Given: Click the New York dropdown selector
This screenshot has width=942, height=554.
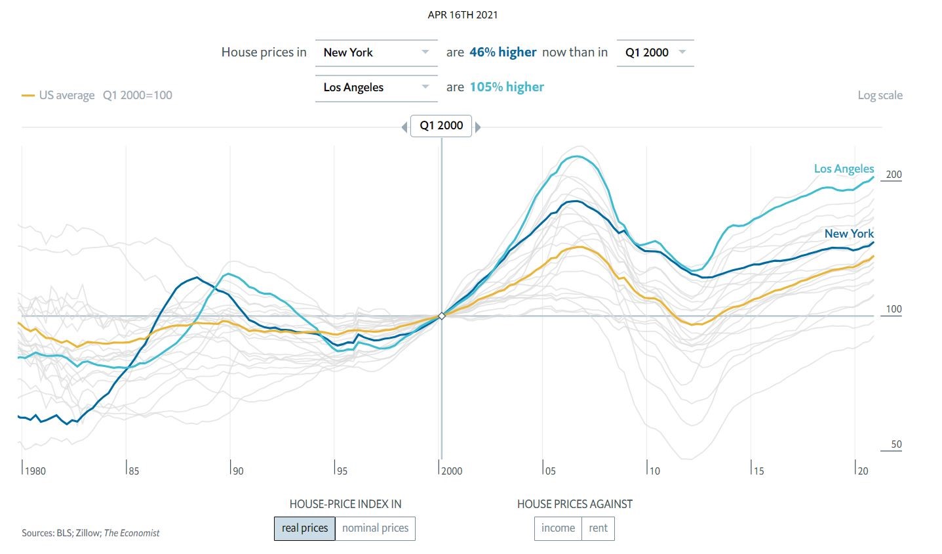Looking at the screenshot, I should tap(376, 53).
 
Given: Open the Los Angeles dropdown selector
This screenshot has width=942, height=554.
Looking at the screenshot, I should tap(376, 87).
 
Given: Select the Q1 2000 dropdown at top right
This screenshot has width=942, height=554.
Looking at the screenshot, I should tap(655, 53).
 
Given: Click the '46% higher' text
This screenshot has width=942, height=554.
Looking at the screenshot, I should tap(503, 53).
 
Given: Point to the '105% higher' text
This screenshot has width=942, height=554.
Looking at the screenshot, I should tap(507, 87).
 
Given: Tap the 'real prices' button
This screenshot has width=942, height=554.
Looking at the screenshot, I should tap(305, 528).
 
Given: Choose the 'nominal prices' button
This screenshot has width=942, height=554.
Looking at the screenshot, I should tap(375, 528).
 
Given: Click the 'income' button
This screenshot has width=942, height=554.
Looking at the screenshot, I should tap(558, 528).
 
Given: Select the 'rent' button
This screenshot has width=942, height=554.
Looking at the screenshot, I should tap(598, 528).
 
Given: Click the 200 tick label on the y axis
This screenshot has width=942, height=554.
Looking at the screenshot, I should tap(893, 175).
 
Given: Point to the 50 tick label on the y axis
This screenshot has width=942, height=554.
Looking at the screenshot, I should tap(896, 444).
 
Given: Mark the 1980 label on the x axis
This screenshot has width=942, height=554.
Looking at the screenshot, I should tap(35, 471).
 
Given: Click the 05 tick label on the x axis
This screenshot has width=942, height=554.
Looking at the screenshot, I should tap(550, 471).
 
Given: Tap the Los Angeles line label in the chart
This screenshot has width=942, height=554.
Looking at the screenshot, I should tap(844, 169).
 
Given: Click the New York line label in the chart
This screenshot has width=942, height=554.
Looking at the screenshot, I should tap(849, 234).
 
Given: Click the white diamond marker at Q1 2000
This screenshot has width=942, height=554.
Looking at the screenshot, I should tap(442, 316).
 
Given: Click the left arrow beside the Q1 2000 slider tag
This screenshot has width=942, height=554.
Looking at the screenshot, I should tap(404, 127).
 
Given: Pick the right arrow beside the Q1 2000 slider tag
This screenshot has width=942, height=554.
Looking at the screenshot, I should tap(478, 127).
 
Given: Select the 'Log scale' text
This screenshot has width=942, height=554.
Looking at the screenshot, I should tap(880, 95).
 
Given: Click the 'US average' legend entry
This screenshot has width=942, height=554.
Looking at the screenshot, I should tap(66, 95).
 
